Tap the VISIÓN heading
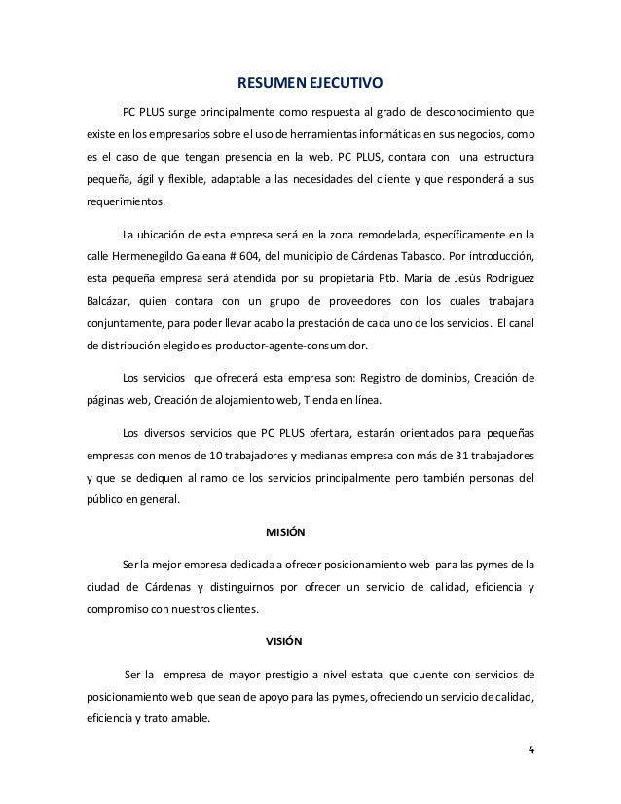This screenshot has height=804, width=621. [284, 642]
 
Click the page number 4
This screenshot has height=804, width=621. [530, 749]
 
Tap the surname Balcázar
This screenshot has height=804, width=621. [108, 301]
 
